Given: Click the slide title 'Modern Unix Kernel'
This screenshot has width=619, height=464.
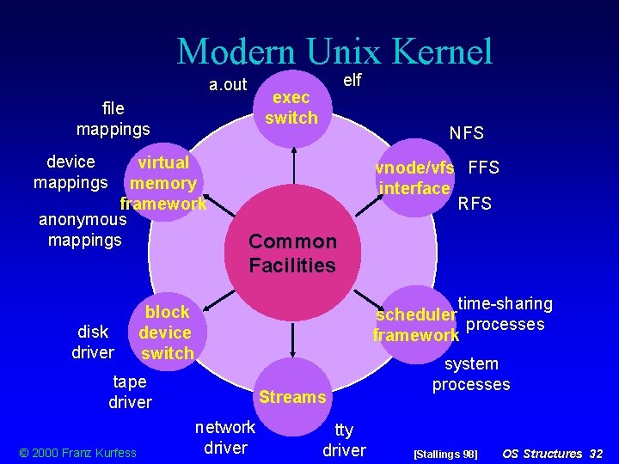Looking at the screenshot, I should click(334, 52).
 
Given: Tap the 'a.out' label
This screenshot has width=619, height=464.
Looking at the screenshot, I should click(228, 84).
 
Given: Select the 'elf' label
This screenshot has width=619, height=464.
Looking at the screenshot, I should click(352, 80).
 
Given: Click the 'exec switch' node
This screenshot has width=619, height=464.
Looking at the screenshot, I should click(291, 107).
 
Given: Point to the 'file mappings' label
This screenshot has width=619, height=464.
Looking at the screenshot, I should click(113, 119).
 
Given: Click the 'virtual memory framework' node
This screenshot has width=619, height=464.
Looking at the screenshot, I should click(163, 183).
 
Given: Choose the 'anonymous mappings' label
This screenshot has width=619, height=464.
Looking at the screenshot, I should click(84, 229).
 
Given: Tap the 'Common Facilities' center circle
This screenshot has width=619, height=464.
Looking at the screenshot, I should click(292, 253).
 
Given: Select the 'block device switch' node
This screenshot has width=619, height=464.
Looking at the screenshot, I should click(166, 333).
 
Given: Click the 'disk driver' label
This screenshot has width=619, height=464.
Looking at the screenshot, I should click(93, 342).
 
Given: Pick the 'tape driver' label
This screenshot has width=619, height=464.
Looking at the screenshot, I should click(130, 392).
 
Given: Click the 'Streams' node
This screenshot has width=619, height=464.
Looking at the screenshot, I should click(292, 397).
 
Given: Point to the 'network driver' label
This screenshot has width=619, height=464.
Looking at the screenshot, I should click(225, 437).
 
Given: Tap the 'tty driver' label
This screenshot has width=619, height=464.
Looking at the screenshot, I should click(344, 440).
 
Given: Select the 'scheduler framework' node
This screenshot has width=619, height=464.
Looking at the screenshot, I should click(415, 325).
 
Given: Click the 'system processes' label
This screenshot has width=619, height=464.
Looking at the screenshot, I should click(471, 374).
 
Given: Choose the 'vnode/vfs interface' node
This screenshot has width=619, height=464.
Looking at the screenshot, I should click(415, 178).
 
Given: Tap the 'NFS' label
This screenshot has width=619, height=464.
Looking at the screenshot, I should click(467, 133).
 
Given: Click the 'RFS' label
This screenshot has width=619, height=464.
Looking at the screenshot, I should click(475, 204).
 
